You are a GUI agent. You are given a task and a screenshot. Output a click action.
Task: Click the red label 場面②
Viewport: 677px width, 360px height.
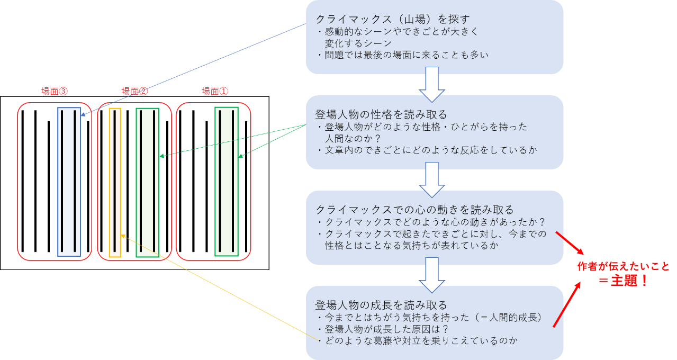(x=134, y=91)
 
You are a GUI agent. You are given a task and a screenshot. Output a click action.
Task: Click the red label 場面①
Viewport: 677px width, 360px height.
(x=214, y=91)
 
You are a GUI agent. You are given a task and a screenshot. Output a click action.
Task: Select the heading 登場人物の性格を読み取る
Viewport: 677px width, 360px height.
(x=381, y=114)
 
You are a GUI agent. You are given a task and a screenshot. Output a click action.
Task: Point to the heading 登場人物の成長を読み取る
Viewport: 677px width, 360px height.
(x=381, y=305)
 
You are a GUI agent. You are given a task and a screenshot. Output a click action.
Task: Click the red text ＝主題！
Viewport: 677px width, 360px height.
(x=624, y=281)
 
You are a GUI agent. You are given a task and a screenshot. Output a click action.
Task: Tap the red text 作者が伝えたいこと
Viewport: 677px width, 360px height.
(x=623, y=266)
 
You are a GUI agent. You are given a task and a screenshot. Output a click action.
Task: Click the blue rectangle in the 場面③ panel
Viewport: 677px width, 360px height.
(x=69, y=182)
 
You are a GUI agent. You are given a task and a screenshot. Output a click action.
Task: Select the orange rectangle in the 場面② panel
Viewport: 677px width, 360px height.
(x=115, y=183)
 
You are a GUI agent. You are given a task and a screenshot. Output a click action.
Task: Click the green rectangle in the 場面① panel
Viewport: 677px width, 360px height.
(x=227, y=182)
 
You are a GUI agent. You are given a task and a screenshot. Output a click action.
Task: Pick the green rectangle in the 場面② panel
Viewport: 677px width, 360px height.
(x=147, y=183)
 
